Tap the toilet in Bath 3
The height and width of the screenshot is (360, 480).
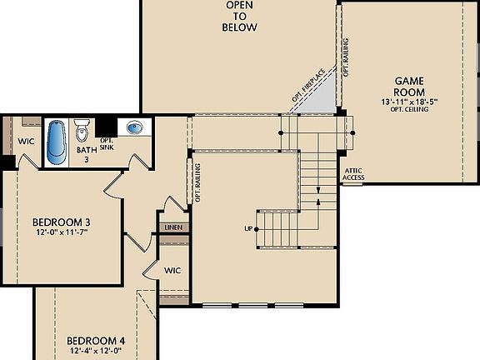pyautogui.click(x=82, y=132)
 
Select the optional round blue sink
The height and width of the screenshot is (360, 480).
pyautogui.click(x=133, y=127)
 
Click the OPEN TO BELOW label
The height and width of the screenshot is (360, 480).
pyautogui.click(x=239, y=17)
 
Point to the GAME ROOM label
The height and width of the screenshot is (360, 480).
pyautogui.click(x=409, y=86)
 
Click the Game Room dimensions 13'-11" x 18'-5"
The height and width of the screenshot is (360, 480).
pyautogui.click(x=409, y=102)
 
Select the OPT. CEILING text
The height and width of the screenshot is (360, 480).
pyautogui.click(x=409, y=110)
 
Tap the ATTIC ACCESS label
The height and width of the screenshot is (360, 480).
pyautogui.click(x=353, y=173)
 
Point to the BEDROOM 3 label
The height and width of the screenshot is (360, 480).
pyautogui.click(x=61, y=222)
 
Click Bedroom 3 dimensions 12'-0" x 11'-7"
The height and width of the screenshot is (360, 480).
pyautogui.click(x=61, y=232)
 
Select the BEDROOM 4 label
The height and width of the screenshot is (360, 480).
pyautogui.click(x=96, y=341)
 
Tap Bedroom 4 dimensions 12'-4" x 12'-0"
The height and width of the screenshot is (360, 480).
pyautogui.click(x=96, y=352)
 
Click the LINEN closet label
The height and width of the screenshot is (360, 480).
pyautogui.click(x=174, y=227)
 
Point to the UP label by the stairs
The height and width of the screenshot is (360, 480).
pyautogui.click(x=248, y=228)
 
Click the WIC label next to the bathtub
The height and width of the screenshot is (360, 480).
pyautogui.click(x=26, y=141)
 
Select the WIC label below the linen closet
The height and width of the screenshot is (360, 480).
pyautogui.click(x=172, y=270)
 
